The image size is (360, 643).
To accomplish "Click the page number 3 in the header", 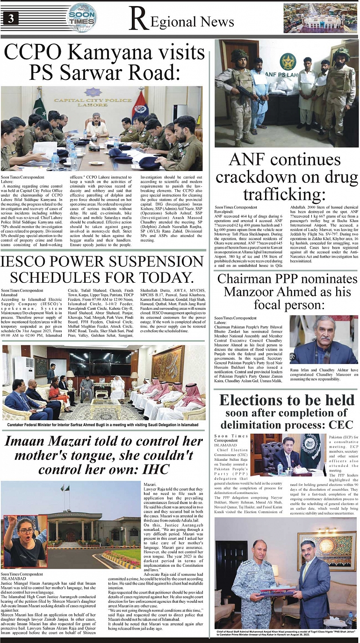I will point(10,19).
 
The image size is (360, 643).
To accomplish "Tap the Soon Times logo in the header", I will point(82,17).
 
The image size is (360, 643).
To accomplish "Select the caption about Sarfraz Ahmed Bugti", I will point(103,425).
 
